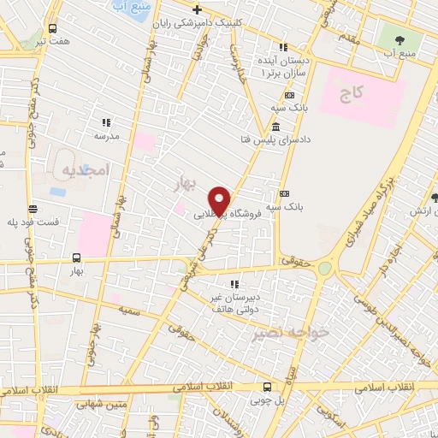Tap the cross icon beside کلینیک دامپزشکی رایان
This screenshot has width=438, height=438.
click(198, 10)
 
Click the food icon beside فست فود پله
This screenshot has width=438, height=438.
click(33, 209)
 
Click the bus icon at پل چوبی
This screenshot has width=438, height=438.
click(268, 387)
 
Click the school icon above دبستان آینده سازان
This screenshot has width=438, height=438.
click(283, 47)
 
